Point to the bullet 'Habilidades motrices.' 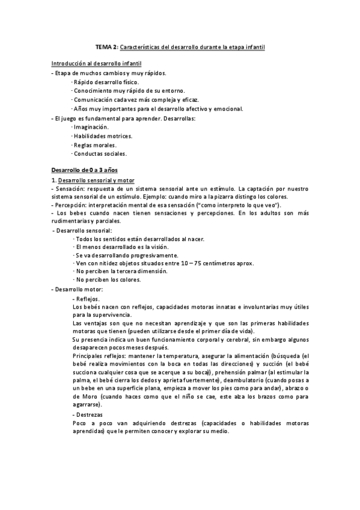point(102,136)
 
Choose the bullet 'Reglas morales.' point(94,145)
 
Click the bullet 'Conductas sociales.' point(100,154)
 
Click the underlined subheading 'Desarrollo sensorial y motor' point(96,180)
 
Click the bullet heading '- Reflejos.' point(86,299)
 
